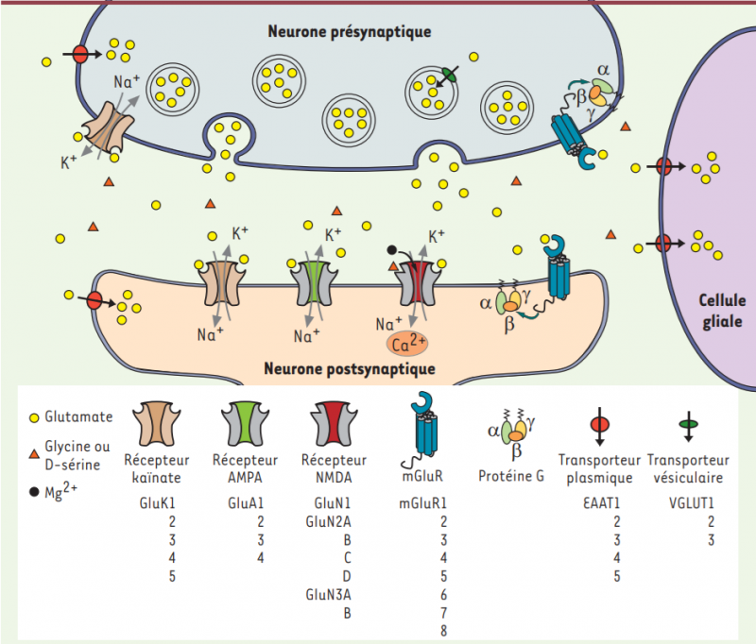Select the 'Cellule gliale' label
pos(721,311)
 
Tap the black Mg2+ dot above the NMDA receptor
pos(392,250)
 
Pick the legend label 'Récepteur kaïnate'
pos(157,468)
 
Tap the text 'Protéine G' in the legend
pos(511,477)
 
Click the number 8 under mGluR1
pos(443,631)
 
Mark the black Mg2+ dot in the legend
pos(35,491)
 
